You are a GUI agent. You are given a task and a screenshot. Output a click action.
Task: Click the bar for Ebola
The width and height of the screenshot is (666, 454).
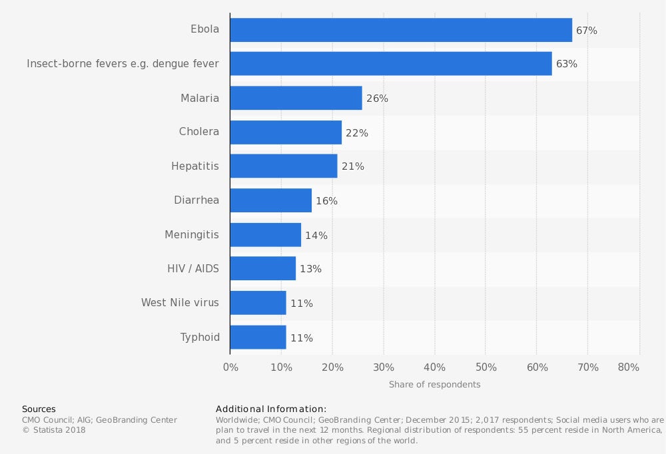point(401,30)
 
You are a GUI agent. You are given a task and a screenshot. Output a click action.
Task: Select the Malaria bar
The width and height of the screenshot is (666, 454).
point(296,98)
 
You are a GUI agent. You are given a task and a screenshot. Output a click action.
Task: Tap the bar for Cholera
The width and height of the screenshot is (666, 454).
point(286,132)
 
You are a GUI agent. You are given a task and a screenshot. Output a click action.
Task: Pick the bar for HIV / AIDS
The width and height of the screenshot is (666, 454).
point(263,268)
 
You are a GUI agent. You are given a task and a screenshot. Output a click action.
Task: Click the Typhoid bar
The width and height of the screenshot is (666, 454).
point(258,337)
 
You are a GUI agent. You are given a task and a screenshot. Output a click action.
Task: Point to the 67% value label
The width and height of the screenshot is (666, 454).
point(587,31)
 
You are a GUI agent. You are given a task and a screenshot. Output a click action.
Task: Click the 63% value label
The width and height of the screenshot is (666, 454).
point(567,65)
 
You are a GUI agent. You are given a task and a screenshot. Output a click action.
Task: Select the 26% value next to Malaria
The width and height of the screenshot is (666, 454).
point(377,99)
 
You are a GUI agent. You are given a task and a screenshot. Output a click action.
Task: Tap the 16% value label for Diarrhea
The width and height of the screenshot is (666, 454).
point(326,201)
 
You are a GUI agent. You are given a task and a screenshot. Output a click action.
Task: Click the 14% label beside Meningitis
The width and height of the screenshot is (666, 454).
point(316,235)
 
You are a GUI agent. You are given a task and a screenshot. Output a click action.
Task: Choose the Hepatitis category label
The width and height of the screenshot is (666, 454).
point(195,166)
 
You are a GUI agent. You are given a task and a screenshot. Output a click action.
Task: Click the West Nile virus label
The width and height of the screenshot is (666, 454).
point(180,303)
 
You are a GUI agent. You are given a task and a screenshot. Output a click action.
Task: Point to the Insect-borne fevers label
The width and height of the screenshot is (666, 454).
point(123,64)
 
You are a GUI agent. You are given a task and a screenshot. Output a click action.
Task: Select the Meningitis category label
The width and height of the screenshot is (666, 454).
point(192,234)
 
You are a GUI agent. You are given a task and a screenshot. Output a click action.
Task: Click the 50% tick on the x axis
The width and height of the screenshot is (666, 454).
point(486,367)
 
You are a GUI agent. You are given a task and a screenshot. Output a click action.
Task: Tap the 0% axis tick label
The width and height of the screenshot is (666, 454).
point(230,367)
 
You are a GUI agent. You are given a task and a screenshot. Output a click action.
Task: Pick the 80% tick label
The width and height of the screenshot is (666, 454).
point(629,367)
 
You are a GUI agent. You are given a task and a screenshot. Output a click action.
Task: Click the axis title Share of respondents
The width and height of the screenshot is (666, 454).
point(434,385)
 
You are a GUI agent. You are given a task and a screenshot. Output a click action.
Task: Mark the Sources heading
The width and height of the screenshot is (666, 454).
point(39,409)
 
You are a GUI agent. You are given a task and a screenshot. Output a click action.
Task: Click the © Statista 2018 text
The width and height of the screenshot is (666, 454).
point(54,430)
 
